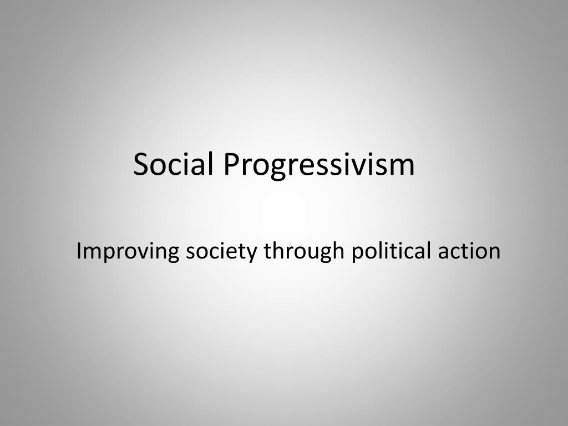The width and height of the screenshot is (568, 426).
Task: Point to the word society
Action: click(x=221, y=251)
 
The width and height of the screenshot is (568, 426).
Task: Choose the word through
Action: click(x=304, y=251)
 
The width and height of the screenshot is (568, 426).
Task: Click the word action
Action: click(x=469, y=251)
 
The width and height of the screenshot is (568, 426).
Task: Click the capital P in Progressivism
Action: click(x=231, y=165)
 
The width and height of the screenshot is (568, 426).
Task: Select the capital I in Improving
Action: click(x=79, y=251)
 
